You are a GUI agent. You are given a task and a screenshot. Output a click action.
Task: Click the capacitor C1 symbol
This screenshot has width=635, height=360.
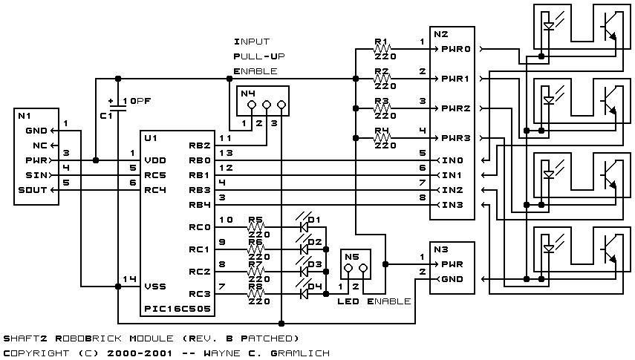(118, 108)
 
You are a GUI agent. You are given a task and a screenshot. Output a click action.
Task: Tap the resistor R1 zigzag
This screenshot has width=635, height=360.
(381, 49)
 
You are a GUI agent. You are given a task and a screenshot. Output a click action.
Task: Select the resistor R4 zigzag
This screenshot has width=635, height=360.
(381, 138)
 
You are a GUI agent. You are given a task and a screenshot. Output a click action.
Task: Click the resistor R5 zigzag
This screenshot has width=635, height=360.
(255, 227)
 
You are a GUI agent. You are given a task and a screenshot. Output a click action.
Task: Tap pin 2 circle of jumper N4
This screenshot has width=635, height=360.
(267, 105)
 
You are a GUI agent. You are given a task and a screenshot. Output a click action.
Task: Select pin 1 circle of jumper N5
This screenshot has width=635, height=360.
(348, 268)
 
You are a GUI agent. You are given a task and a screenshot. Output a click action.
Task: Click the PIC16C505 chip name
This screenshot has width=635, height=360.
(178, 309)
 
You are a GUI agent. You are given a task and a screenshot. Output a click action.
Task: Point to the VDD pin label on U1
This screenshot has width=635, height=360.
(155, 160)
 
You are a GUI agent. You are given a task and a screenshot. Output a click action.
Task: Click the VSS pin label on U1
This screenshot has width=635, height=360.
(155, 287)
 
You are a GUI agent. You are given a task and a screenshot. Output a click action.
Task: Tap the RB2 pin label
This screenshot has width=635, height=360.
(200, 145)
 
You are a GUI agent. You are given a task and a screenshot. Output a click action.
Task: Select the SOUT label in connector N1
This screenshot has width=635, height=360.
(33, 190)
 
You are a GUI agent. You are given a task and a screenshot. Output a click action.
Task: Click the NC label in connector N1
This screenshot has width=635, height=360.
(40, 145)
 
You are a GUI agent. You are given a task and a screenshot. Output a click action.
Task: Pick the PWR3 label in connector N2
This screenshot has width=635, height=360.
(455, 138)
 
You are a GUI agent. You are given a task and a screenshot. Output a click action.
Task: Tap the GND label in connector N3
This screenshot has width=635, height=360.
(452, 279)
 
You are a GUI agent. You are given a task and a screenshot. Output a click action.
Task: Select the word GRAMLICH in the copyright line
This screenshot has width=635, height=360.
(300, 353)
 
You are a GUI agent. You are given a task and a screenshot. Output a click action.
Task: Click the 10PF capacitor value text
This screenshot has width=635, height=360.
(137, 101)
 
